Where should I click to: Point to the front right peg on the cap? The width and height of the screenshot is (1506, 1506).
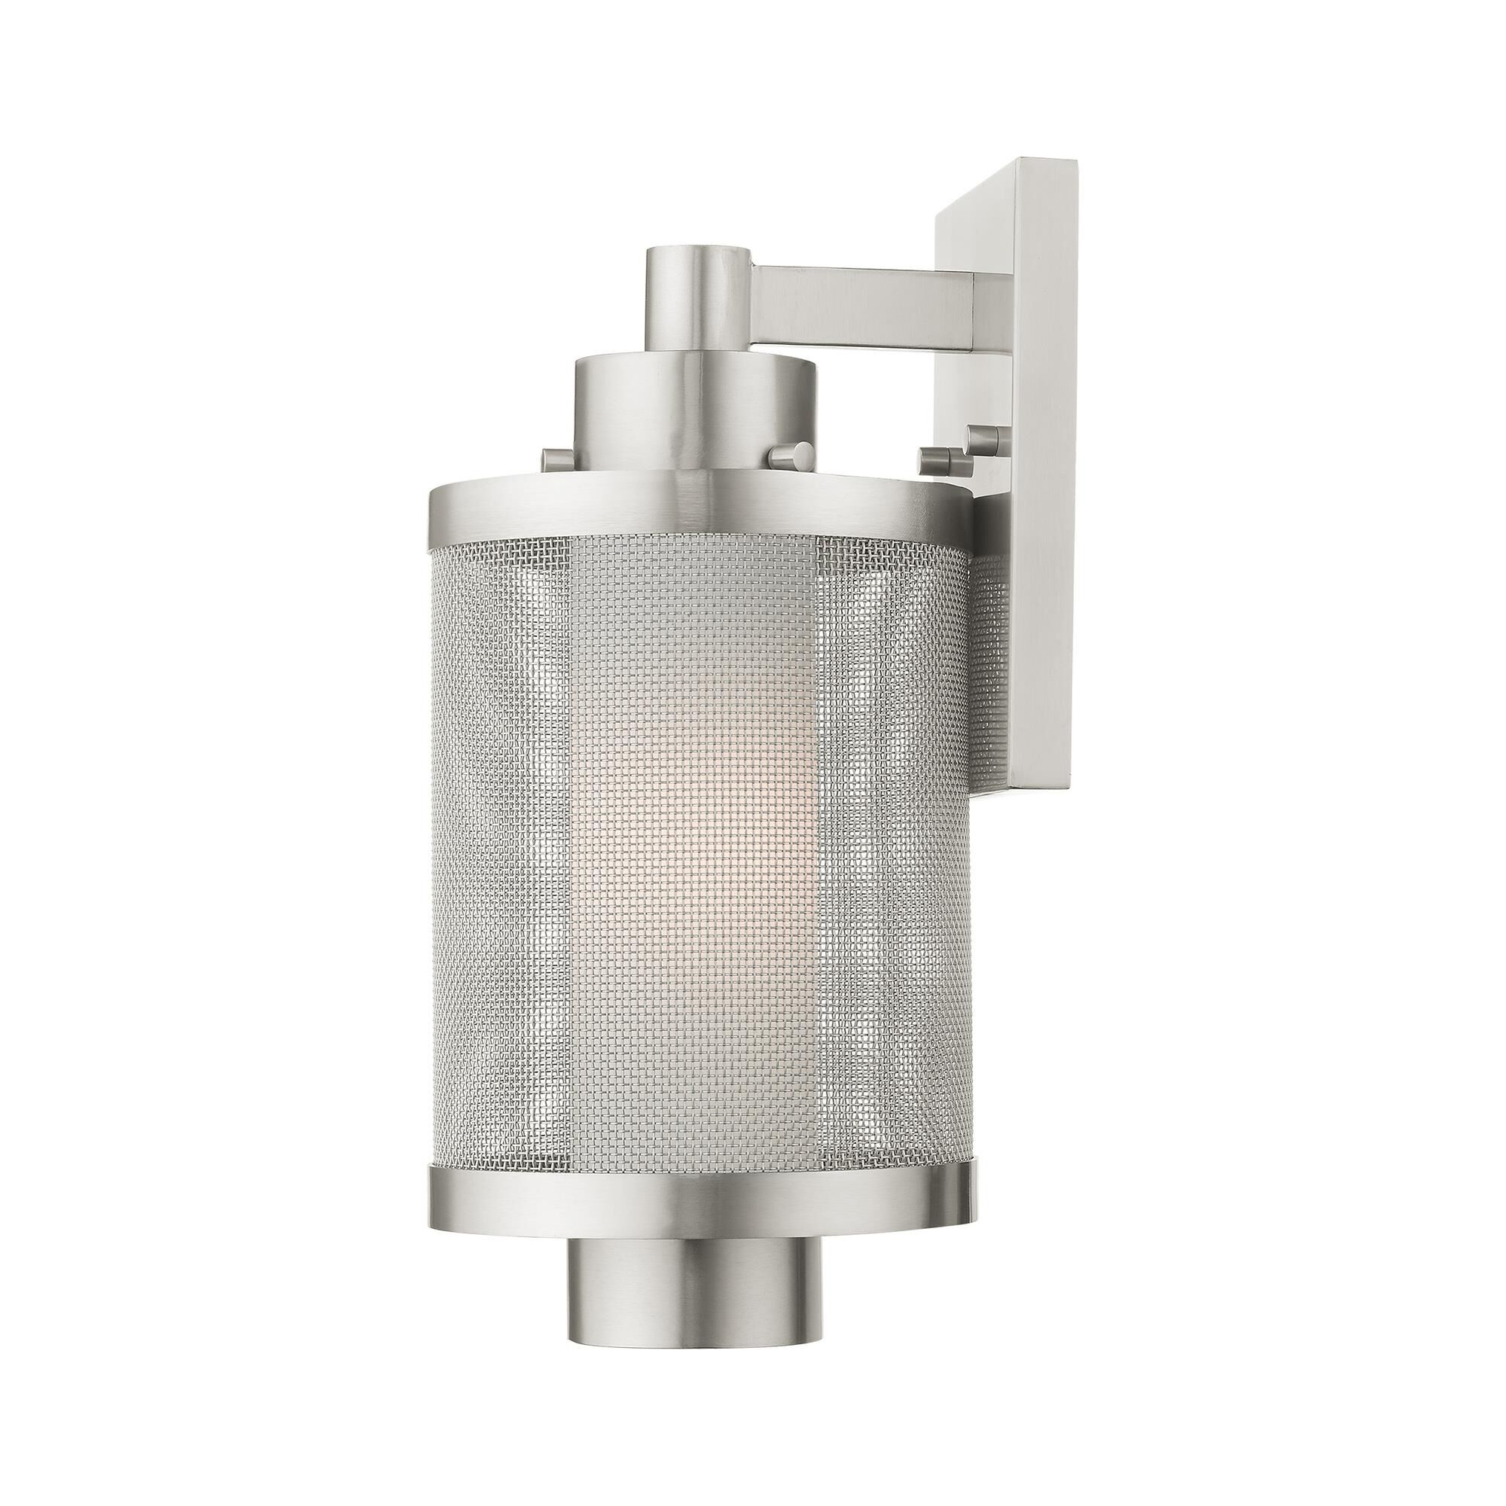coord(788,457)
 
